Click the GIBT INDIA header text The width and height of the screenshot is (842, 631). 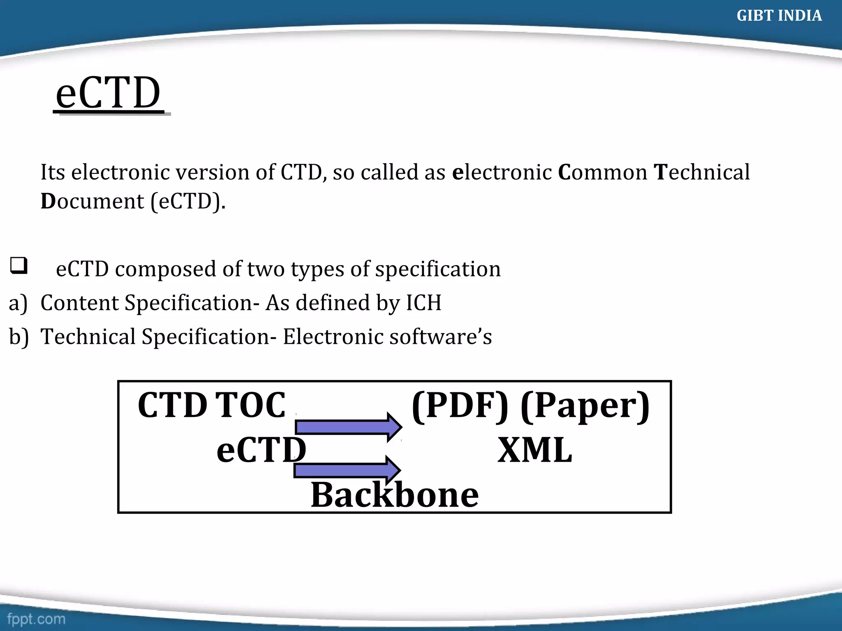pyautogui.click(x=779, y=16)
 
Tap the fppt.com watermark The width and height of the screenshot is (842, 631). pyautogui.click(x=36, y=619)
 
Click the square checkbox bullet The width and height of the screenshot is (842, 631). pyautogui.click(x=19, y=265)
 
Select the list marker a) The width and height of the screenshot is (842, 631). pyautogui.click(x=18, y=303)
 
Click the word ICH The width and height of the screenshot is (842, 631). pyautogui.click(x=423, y=303)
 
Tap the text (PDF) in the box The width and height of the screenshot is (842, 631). pyautogui.click(x=460, y=406)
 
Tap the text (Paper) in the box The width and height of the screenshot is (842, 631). pyautogui.click(x=585, y=406)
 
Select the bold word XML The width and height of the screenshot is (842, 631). pyautogui.click(x=534, y=450)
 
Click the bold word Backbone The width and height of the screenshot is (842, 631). pyautogui.click(x=394, y=495)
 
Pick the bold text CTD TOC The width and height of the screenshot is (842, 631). pyautogui.click(x=211, y=405)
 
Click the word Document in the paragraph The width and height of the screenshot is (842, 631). pyautogui.click(x=92, y=201)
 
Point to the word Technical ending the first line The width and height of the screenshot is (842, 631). pyautogui.click(x=701, y=172)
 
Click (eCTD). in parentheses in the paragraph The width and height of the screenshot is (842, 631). pyautogui.click(x=188, y=201)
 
